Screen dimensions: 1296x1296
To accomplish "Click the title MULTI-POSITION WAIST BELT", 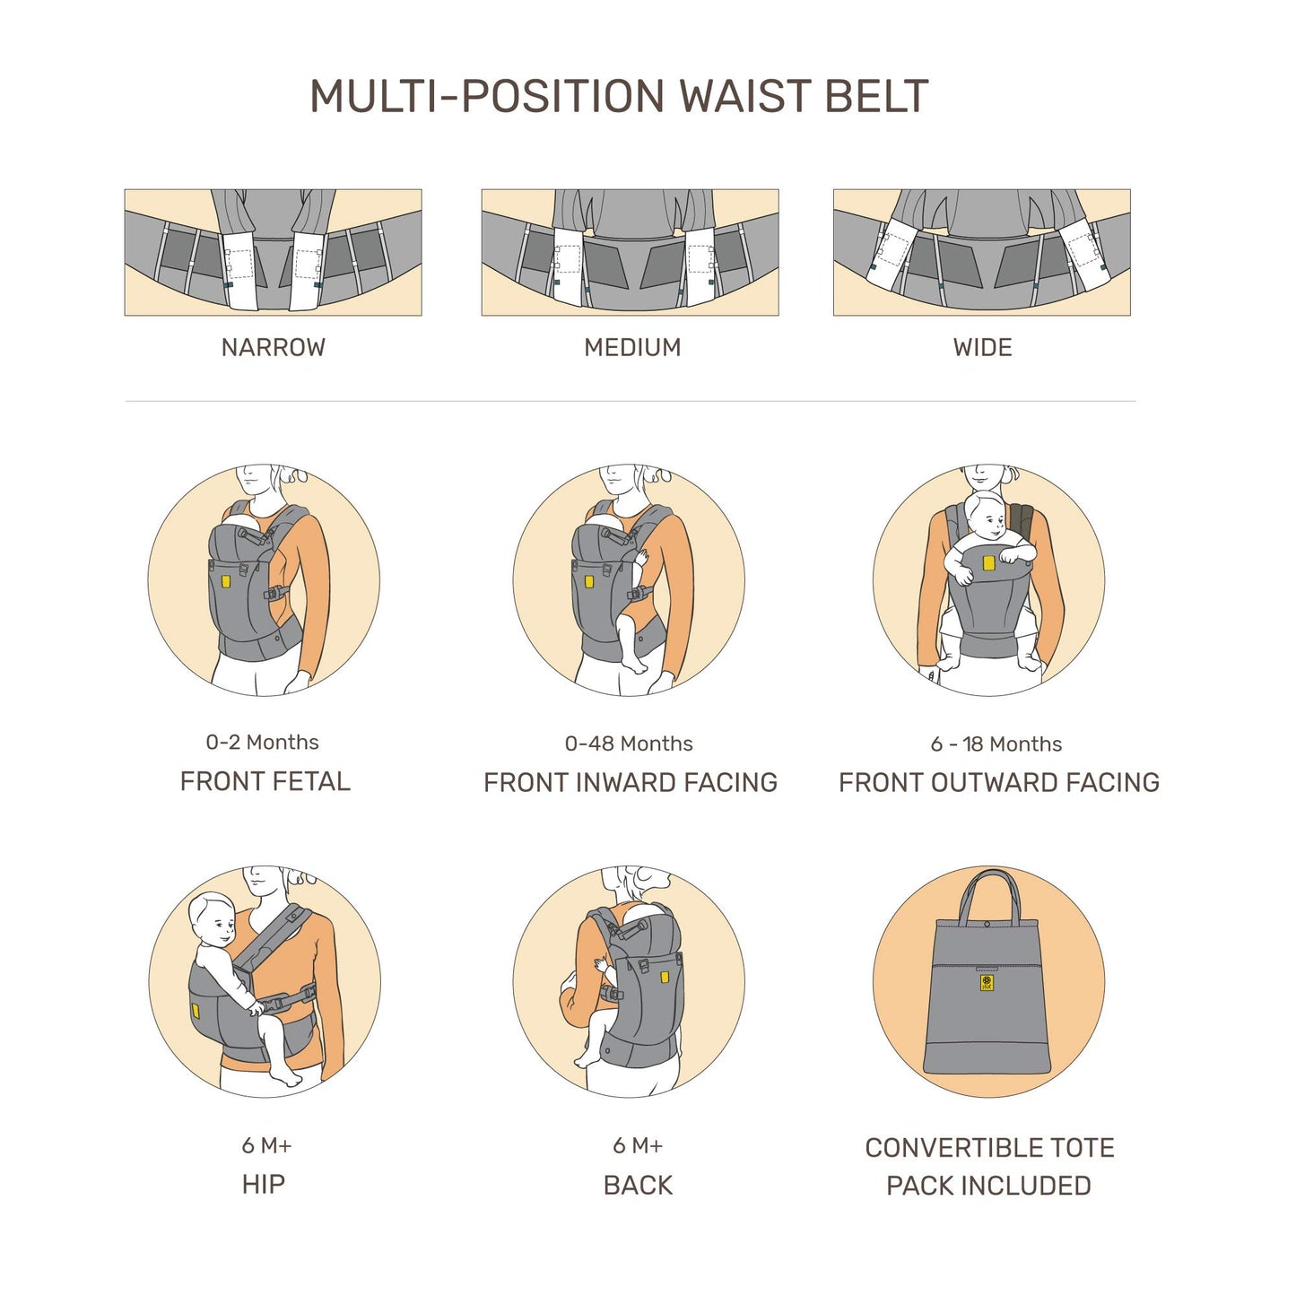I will (619, 97).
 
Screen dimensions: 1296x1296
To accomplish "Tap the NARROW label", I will (273, 348).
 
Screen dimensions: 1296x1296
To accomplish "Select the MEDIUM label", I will (632, 348).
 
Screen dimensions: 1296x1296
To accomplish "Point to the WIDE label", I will (982, 348).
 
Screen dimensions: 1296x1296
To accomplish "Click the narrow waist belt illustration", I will (273, 252).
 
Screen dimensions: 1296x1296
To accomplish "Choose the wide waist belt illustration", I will (981, 252).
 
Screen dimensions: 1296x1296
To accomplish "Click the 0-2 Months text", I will (262, 743).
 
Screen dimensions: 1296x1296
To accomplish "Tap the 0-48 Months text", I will (629, 744).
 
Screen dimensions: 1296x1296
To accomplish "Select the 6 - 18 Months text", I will (996, 744).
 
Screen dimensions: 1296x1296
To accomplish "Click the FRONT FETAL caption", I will (265, 782).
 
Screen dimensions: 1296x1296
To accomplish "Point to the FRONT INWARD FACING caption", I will (631, 783).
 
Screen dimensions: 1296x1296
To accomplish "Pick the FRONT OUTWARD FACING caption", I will (998, 783).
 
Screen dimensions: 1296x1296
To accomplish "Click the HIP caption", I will (263, 1185).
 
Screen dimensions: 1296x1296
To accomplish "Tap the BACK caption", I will (638, 1186).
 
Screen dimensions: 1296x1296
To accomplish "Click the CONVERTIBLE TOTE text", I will (989, 1148).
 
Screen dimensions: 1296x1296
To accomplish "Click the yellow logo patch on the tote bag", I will (987, 984).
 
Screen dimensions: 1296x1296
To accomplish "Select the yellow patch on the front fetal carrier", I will (225, 582).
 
